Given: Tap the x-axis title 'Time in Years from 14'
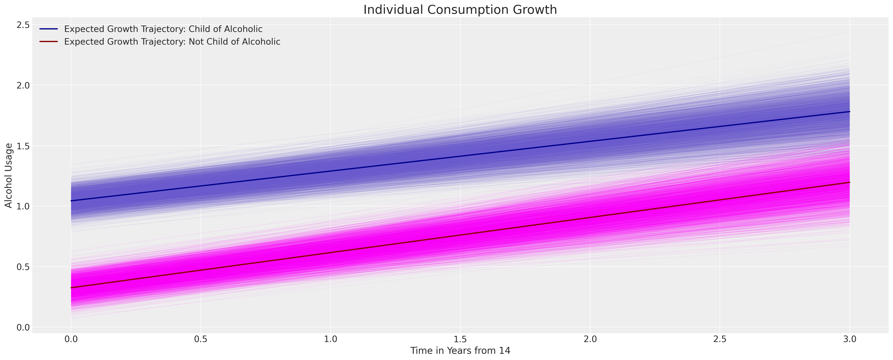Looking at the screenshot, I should point(460,351).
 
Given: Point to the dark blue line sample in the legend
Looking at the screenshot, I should point(49,29).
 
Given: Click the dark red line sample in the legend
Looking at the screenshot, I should point(49,41).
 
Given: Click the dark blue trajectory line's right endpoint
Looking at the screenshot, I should point(849,112).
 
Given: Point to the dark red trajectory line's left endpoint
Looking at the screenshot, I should point(71,288).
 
